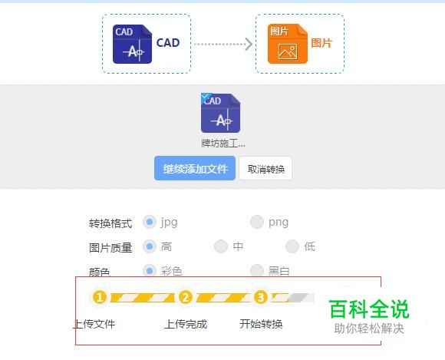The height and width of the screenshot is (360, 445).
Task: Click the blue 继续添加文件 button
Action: [195, 168]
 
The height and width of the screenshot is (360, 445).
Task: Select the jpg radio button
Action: [150, 222]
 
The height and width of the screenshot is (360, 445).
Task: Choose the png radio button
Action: [257, 222]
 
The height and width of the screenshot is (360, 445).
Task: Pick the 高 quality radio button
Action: [150, 246]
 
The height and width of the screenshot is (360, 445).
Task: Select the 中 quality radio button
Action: [221, 246]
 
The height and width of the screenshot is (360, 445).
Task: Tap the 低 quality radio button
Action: [292, 246]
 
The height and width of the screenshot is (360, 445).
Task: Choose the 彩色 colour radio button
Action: [150, 270]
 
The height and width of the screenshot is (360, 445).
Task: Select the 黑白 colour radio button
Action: [257, 270]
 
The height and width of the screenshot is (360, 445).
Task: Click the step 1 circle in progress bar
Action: [99, 298]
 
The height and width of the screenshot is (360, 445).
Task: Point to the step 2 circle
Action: [186, 298]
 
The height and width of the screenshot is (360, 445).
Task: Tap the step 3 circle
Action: [261, 298]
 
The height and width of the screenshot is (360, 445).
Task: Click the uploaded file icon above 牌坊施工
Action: [220, 113]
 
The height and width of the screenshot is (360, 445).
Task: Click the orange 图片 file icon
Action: [288, 44]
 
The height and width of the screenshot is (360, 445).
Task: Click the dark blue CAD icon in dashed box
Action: [132, 44]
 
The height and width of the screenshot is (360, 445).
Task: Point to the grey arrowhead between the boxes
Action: [249, 45]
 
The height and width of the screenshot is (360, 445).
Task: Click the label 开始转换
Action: [261, 324]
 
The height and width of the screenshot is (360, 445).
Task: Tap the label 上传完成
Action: [186, 324]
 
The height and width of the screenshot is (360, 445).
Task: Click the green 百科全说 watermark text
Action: [369, 309]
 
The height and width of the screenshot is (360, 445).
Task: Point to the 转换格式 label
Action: [110, 223]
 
